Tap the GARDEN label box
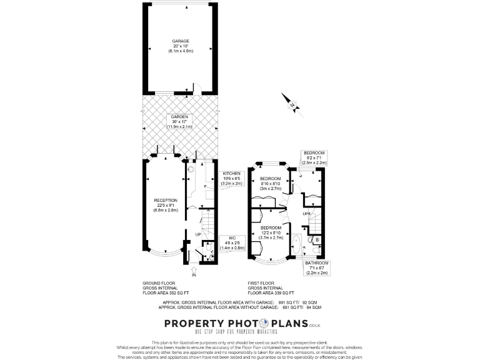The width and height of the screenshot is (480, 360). pos(179,121)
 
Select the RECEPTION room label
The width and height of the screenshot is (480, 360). pos(166,205)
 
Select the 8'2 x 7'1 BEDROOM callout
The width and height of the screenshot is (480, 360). pos(314,157)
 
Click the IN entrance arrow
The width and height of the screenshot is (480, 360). pos(194,271)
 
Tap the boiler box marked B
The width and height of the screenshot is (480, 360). pos(317,239)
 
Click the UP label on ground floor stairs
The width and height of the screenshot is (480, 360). pos(198,234)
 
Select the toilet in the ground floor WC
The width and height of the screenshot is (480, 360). pos(211,255)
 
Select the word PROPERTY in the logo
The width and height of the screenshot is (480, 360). pos(193,323)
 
